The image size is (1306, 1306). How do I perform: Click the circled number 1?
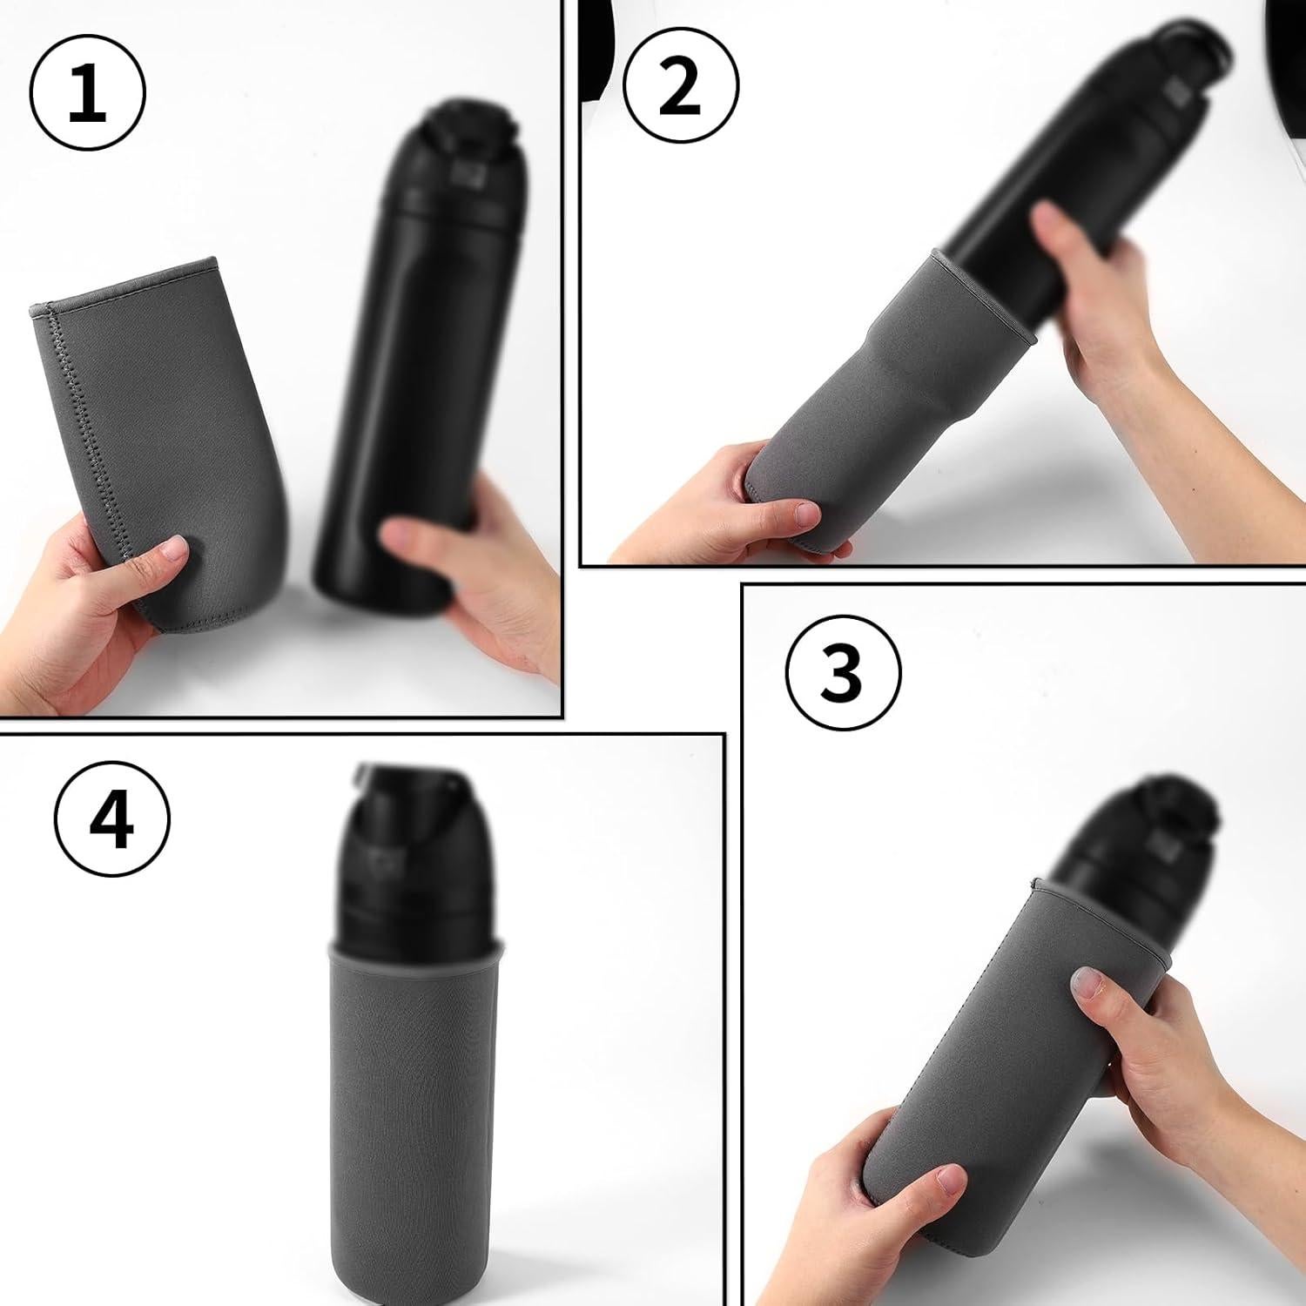[x=87, y=92]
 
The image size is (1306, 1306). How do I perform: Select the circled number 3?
[x=842, y=671]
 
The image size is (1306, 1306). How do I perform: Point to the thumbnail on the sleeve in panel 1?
[x=176, y=550]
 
